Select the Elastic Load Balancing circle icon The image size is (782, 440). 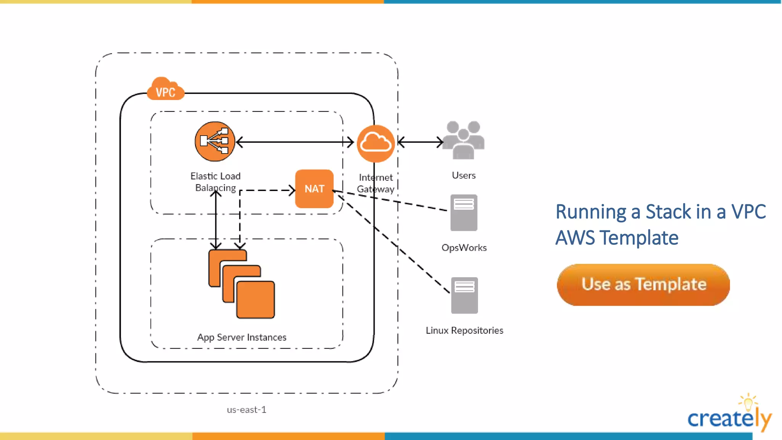(215, 141)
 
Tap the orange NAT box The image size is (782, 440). (314, 189)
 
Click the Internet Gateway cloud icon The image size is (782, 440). (376, 143)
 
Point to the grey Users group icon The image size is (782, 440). (464, 140)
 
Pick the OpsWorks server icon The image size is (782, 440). (464, 213)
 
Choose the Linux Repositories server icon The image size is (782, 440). (464, 295)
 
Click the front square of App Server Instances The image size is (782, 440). (255, 299)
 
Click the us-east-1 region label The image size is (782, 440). (246, 409)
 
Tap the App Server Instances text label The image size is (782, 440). (242, 337)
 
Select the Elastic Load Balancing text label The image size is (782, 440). (215, 182)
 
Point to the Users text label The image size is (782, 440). (464, 175)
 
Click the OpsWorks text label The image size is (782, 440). (464, 247)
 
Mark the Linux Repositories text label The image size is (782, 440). (464, 330)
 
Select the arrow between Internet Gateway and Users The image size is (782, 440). (420, 142)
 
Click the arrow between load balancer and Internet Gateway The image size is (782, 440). (295, 142)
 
